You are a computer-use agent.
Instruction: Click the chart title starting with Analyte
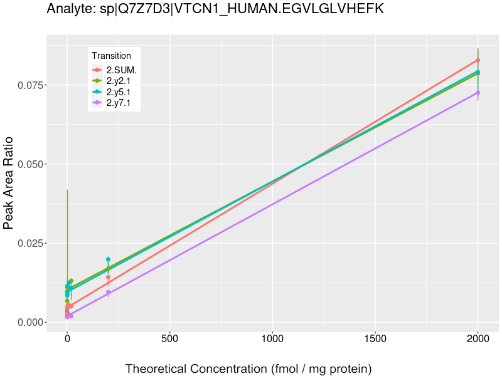pos(215,9)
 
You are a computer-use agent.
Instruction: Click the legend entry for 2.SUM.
pos(121,70)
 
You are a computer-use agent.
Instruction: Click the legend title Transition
pos(111,56)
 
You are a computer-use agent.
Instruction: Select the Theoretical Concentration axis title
pos(249,368)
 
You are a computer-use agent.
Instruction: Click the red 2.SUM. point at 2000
pos(478,60)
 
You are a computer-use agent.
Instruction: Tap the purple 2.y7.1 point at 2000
pos(478,93)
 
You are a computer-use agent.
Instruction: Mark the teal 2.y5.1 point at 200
pos(108,259)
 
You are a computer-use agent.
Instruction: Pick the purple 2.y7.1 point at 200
pos(108,292)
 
